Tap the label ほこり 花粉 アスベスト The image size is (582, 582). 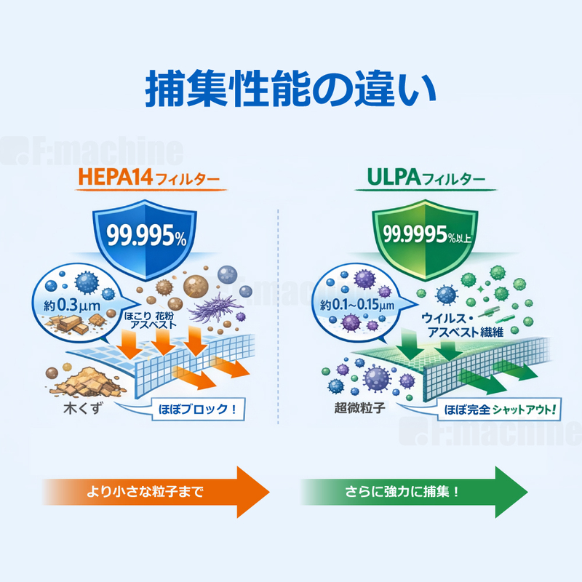pyautogui.click(x=150, y=321)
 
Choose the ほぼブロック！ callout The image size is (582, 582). pyautogui.click(x=196, y=408)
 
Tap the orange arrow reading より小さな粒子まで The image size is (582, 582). pyautogui.click(x=153, y=492)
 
